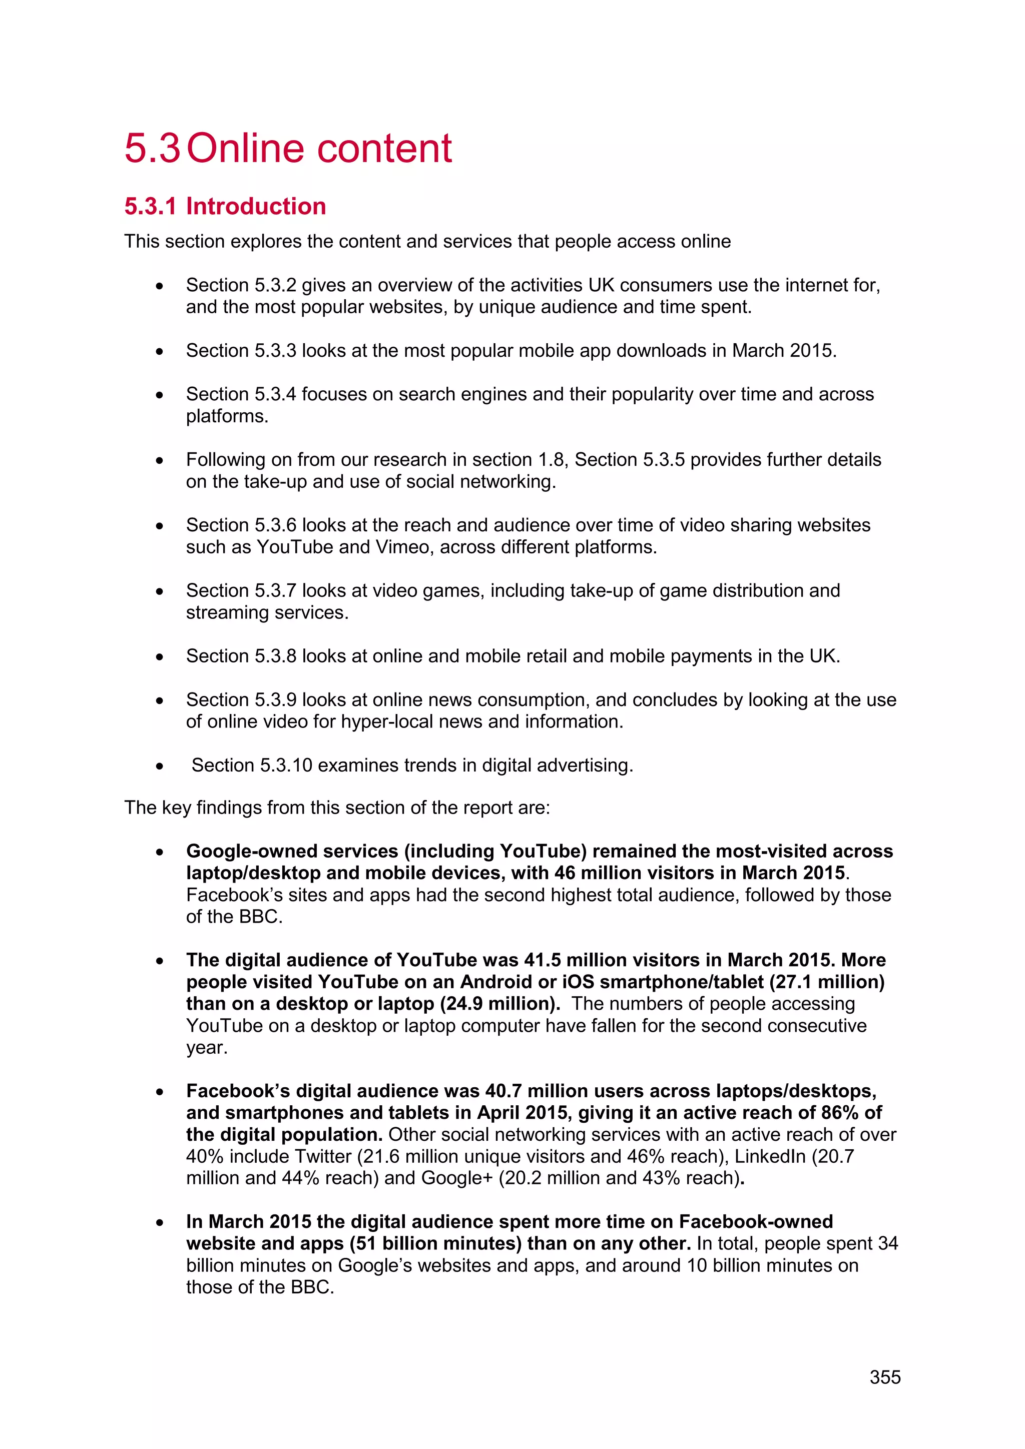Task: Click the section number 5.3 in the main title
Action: point(152,149)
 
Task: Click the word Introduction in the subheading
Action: point(256,206)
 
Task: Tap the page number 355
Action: point(885,1377)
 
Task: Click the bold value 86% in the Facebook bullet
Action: point(839,1113)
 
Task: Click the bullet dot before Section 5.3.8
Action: point(160,657)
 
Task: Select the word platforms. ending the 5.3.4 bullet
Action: point(227,416)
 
